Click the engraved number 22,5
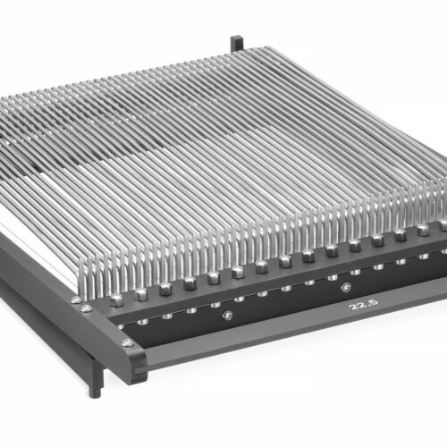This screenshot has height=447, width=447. [365, 304]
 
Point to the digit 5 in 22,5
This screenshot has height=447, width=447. [375, 302]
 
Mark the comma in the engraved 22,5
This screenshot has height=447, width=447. [369, 307]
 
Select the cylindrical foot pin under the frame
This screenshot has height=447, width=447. [95, 391]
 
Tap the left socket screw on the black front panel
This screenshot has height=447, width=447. [227, 315]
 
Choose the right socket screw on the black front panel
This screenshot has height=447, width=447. [345, 288]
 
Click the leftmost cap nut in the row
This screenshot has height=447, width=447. [116, 300]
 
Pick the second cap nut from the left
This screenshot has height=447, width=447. [141, 294]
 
